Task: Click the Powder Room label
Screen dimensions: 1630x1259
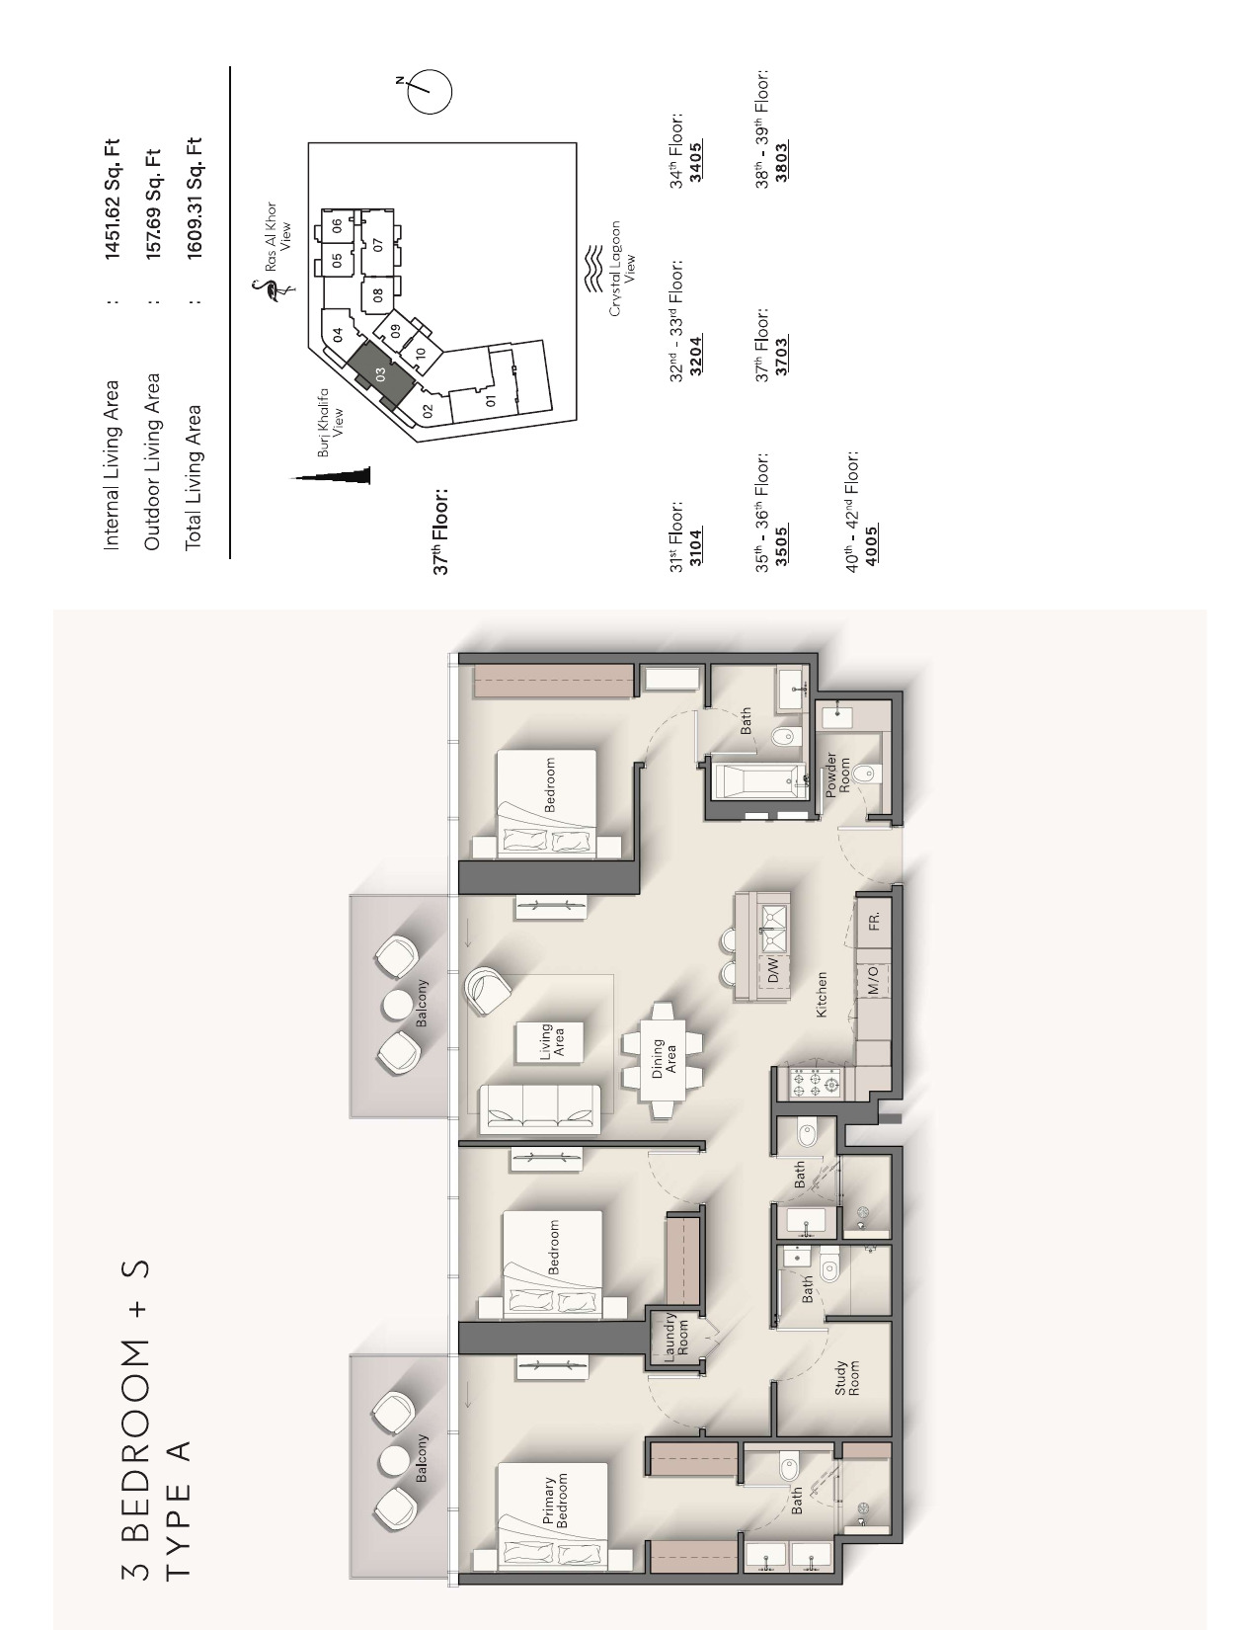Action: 837,774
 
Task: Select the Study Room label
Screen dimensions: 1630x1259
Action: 847,1378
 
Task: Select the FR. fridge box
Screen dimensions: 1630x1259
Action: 875,922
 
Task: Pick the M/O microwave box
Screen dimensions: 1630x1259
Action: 875,980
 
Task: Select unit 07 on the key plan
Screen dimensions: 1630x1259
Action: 377,243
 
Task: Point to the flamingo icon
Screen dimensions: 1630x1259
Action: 269,291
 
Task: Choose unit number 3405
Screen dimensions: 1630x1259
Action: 696,162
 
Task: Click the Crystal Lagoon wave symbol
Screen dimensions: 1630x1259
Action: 593,267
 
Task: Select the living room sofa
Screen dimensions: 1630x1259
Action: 539,1108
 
